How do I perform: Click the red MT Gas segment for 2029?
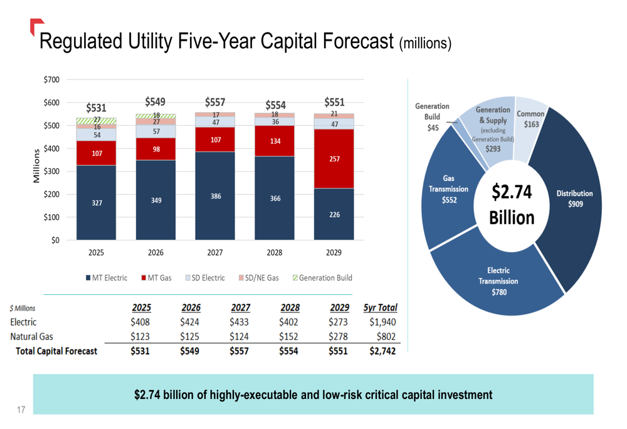pyautogui.click(x=334, y=159)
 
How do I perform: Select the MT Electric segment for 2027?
pyautogui.click(x=215, y=196)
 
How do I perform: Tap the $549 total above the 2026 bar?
pyautogui.click(x=155, y=101)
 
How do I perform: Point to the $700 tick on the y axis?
pyautogui.click(x=52, y=80)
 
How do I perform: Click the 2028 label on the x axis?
pyautogui.click(x=275, y=252)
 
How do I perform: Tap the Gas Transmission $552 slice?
pyautogui.click(x=446, y=194)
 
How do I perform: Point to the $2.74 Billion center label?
pyautogui.click(x=512, y=205)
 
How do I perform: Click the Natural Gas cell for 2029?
pyautogui.click(x=339, y=336)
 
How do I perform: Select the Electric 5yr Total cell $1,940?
pyautogui.click(x=382, y=322)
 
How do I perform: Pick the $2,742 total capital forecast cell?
pyautogui.click(x=382, y=351)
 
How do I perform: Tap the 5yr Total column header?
pyautogui.click(x=380, y=308)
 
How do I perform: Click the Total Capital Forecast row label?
pyautogui.click(x=56, y=351)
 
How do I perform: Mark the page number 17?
pyautogui.click(x=21, y=410)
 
